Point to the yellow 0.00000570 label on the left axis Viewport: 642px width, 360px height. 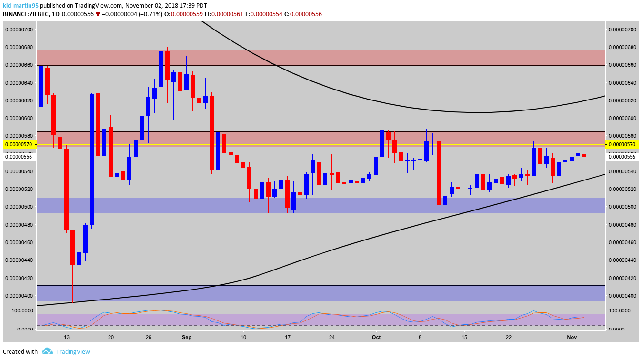click(19, 144)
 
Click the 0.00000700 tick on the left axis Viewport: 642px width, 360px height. click(19, 30)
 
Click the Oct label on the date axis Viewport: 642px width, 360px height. click(376, 338)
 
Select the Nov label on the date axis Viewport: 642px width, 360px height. click(572, 338)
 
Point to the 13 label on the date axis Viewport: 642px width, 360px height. click(67, 338)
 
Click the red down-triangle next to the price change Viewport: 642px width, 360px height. click(98, 14)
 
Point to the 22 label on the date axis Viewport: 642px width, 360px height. click(509, 338)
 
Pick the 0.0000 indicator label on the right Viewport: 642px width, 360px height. click(619, 329)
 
